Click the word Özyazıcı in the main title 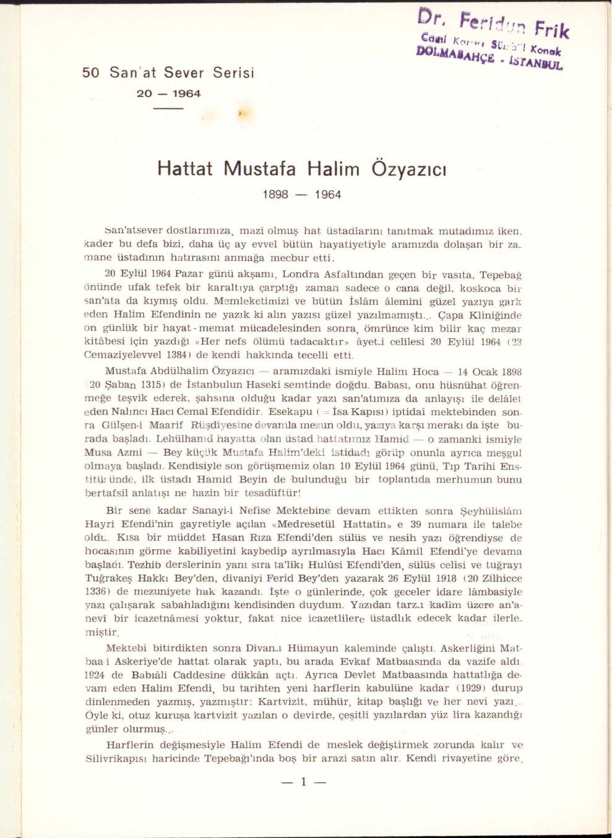pyautogui.click(x=408, y=169)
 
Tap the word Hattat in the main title pyautogui.click(x=184, y=169)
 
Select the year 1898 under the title pyautogui.click(x=276, y=195)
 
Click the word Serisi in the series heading pyautogui.click(x=233, y=73)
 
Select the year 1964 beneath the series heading pyautogui.click(x=186, y=93)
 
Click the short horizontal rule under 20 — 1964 pyautogui.click(x=168, y=109)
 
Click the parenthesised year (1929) pyautogui.click(x=467, y=688)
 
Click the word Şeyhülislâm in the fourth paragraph pyautogui.click(x=493, y=511)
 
